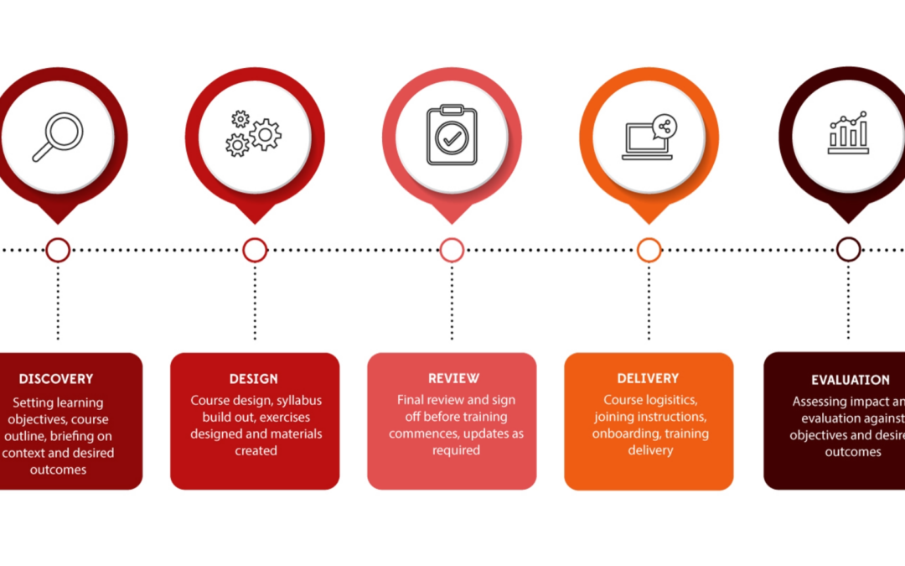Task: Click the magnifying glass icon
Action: tap(57, 137)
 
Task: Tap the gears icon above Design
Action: tap(255, 134)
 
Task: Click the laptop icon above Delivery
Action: tap(649, 137)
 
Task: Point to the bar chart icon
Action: tap(848, 133)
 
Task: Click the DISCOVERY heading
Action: tap(56, 379)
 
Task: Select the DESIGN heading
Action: tap(254, 379)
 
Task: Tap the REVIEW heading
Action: tap(453, 378)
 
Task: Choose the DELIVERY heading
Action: tap(648, 378)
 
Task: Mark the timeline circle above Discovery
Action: tap(58, 250)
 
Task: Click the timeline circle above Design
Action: tap(255, 250)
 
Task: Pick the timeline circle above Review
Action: tap(452, 250)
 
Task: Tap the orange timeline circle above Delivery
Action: tap(649, 250)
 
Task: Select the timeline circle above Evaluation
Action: tap(848, 250)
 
